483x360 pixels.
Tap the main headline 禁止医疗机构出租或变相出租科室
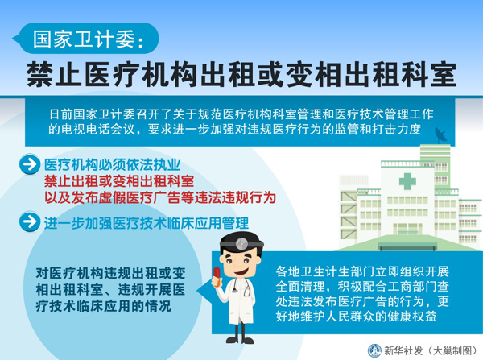(242, 75)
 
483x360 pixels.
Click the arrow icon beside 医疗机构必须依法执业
(30, 164)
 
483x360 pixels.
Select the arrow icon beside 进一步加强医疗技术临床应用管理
(30, 221)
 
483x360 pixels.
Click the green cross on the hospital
(407, 181)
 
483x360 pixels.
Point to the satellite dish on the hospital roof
(441, 134)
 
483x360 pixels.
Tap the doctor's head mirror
(242, 244)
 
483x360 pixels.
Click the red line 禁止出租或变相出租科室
(119, 181)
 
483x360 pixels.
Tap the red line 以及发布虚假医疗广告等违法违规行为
(160, 197)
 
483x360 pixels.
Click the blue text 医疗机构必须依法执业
(112, 165)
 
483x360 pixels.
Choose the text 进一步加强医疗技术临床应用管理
(147, 223)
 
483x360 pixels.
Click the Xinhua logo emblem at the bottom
(374, 350)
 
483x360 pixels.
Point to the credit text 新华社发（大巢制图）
(431, 351)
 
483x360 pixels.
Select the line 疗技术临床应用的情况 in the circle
(104, 306)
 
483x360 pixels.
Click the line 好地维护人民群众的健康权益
(357, 317)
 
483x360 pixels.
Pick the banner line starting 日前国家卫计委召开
(242, 114)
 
